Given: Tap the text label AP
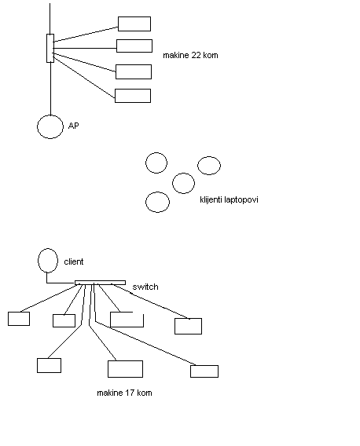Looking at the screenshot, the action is (73, 126).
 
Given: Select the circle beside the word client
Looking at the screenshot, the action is (39, 261).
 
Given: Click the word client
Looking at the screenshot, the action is (74, 261).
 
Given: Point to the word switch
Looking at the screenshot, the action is (145, 287).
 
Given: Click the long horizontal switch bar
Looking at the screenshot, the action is (100, 283).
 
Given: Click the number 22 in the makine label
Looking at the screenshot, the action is (197, 55).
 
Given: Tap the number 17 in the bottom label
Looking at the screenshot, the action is (130, 393).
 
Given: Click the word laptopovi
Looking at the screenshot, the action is (241, 200).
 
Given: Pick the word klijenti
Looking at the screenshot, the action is (211, 199).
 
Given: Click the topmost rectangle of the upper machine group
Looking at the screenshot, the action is (134, 16).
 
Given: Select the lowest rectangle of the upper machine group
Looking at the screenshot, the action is (133, 90).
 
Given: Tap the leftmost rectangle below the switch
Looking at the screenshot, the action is (19, 313).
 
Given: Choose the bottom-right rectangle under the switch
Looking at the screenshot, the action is (204, 366).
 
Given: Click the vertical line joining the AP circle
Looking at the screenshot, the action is (50, 89).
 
